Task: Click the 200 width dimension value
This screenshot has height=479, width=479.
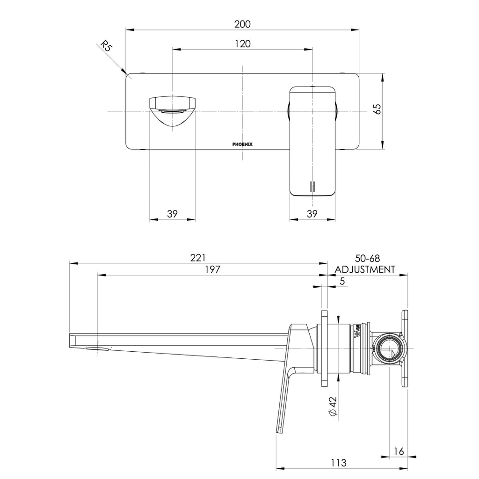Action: coord(242,24)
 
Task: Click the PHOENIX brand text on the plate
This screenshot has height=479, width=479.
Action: coord(242,145)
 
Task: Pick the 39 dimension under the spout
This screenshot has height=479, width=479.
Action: coord(172,214)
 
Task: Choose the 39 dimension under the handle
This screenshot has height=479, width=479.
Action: coord(312,214)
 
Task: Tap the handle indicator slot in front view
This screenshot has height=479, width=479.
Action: coord(312,186)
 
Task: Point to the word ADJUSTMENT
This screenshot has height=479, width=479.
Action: coord(365,269)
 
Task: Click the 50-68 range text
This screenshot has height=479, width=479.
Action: coord(367,258)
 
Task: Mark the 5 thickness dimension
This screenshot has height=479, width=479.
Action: coord(342,281)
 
